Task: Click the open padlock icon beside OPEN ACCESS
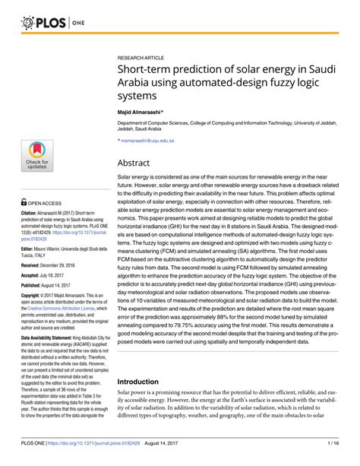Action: click(x=24, y=203)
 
